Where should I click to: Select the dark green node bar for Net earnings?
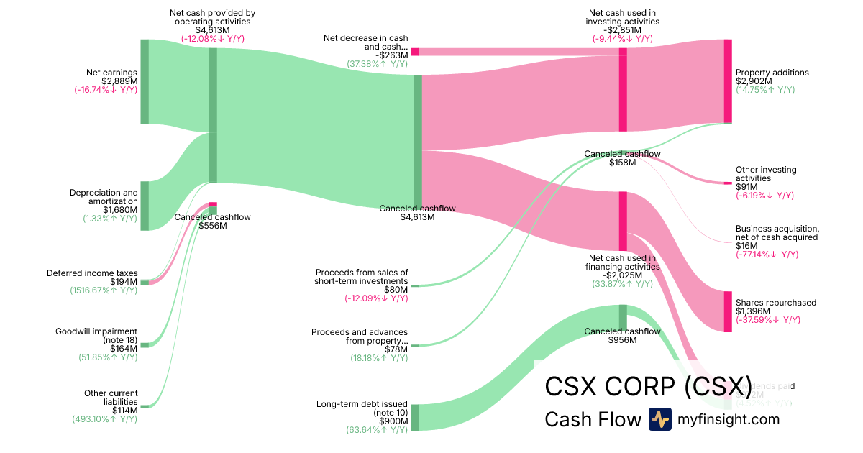(145, 81)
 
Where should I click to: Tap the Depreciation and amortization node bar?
(145, 206)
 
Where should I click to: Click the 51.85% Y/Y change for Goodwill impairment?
(107, 357)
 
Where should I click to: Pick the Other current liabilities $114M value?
(124, 410)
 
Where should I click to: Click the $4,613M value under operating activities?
(212, 30)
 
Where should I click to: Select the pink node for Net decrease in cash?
(415, 52)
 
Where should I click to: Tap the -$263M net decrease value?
(392, 55)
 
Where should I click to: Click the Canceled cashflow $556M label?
(212, 221)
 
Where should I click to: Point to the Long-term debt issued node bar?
(415, 418)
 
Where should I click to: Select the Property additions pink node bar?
(728, 81)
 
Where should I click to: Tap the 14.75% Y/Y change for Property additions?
(765, 90)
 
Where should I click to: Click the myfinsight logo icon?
(659, 419)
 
